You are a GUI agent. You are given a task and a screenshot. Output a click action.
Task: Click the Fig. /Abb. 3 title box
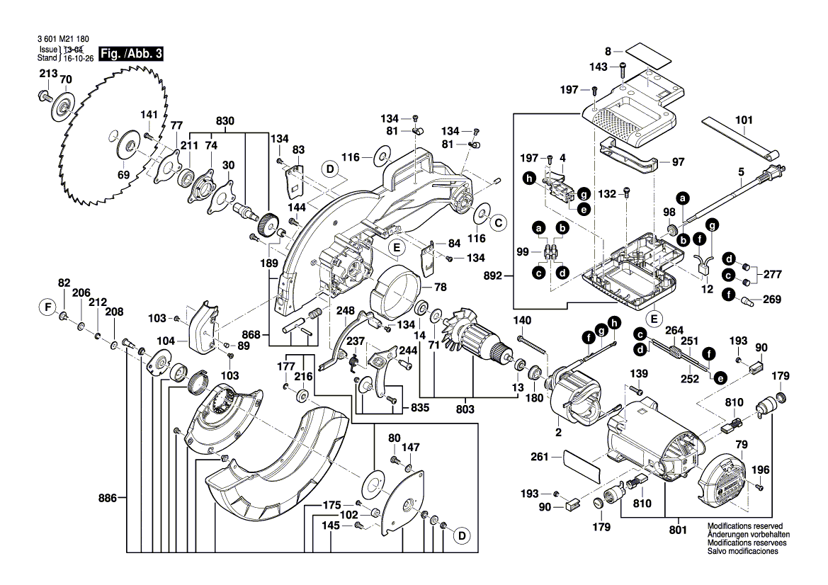click(132, 54)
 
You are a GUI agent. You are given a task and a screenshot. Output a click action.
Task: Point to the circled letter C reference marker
click(498, 222)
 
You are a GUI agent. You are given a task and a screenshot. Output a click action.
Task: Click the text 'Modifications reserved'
click(740, 527)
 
